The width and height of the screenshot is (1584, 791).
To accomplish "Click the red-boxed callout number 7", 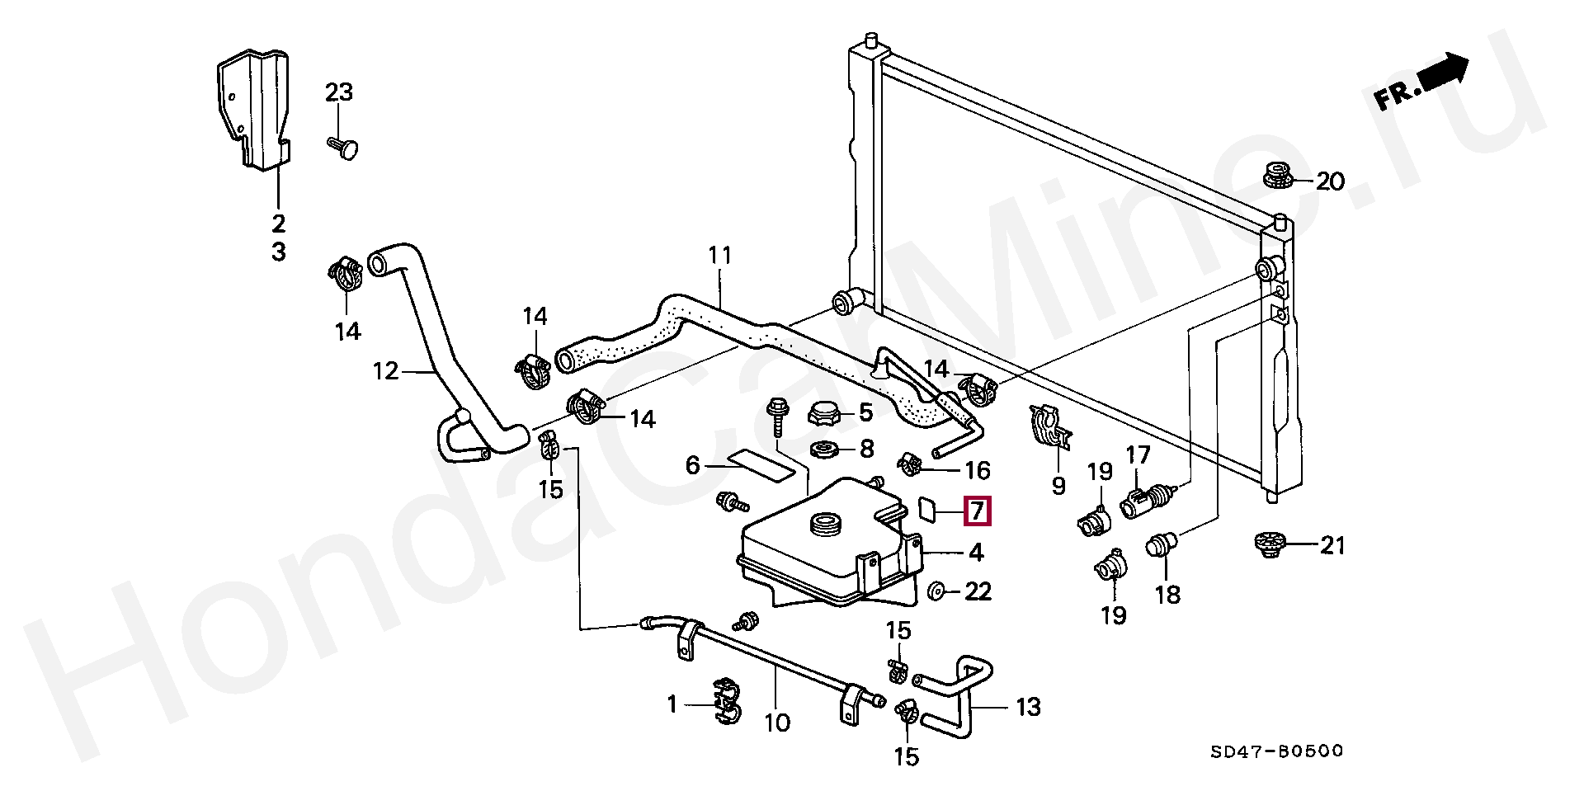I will point(977,511).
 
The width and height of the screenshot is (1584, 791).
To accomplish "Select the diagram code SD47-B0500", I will point(1276,751).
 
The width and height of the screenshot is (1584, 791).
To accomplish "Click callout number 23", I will point(338,92).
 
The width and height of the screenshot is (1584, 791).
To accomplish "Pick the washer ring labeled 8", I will point(826,450).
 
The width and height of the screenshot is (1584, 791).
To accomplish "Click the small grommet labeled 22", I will point(936,591).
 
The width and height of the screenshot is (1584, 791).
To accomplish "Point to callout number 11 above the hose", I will point(720,256).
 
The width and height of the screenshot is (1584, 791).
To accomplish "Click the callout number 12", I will point(385,371).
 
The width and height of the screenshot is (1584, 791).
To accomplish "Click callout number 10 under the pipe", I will point(777,723).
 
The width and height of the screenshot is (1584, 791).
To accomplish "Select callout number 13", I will point(1028,707).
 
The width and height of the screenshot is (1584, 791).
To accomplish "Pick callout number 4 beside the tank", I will point(976,552).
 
